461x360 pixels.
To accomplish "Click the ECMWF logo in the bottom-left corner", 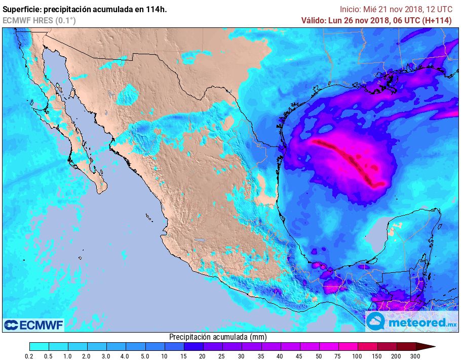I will (33, 325).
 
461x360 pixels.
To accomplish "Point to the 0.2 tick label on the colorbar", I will (29, 356).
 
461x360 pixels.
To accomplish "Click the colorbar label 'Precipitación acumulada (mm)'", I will (218, 337).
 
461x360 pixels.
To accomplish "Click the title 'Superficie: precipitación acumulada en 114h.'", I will (85, 9).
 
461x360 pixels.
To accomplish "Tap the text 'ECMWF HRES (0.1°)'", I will (39, 20).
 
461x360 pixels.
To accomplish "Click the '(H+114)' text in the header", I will (442, 20).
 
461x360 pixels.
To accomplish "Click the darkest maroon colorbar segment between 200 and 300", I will (406, 346).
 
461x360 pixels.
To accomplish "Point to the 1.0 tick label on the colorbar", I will (68, 356).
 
